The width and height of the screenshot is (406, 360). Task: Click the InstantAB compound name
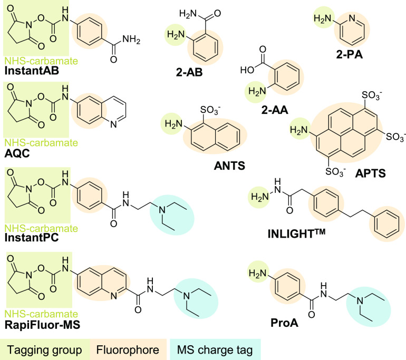[32, 71]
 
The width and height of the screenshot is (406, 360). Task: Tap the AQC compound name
[17, 153]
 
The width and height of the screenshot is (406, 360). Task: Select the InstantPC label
[32, 238]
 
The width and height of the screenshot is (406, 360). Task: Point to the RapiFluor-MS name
[43, 325]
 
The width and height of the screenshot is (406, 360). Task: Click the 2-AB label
[189, 72]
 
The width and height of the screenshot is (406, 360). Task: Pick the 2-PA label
[349, 55]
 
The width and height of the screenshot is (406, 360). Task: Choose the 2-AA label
[275, 110]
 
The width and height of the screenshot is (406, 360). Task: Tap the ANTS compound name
[229, 166]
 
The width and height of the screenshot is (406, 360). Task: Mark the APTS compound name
[370, 173]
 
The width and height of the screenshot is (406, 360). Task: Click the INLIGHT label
[296, 233]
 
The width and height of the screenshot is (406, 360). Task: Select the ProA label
[284, 323]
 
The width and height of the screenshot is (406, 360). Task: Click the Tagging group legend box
[45, 349]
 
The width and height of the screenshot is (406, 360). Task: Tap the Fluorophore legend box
[128, 349]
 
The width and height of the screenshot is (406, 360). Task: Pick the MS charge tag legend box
[215, 349]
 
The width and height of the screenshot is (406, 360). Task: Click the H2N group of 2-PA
[323, 18]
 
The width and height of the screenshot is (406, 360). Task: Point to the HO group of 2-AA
[247, 70]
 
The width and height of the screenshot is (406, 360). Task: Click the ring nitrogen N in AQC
[113, 124]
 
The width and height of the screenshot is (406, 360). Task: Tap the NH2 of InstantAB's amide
[131, 40]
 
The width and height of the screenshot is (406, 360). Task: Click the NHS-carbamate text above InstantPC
[42, 229]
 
